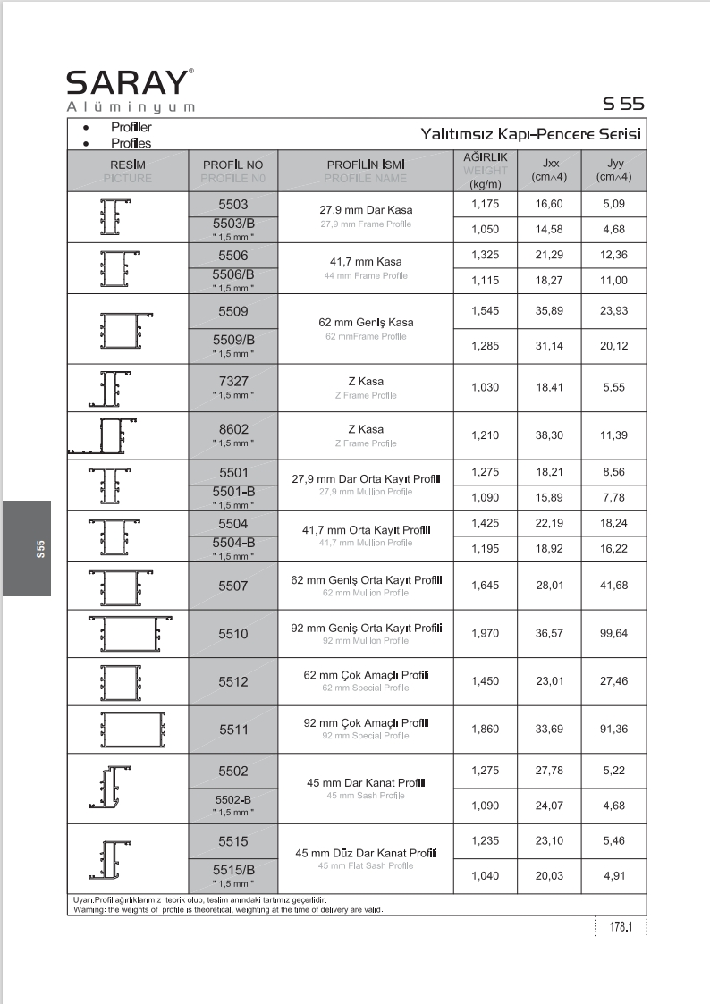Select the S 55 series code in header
[x=623, y=104]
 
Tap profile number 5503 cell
[x=232, y=205]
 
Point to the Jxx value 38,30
[x=548, y=435]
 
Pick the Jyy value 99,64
[x=613, y=634]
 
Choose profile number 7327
[x=232, y=381]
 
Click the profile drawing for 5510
[x=128, y=634]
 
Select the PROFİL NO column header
[x=232, y=165]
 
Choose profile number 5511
[x=232, y=730]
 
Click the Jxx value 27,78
[x=548, y=771]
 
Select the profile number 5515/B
[x=232, y=870]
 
